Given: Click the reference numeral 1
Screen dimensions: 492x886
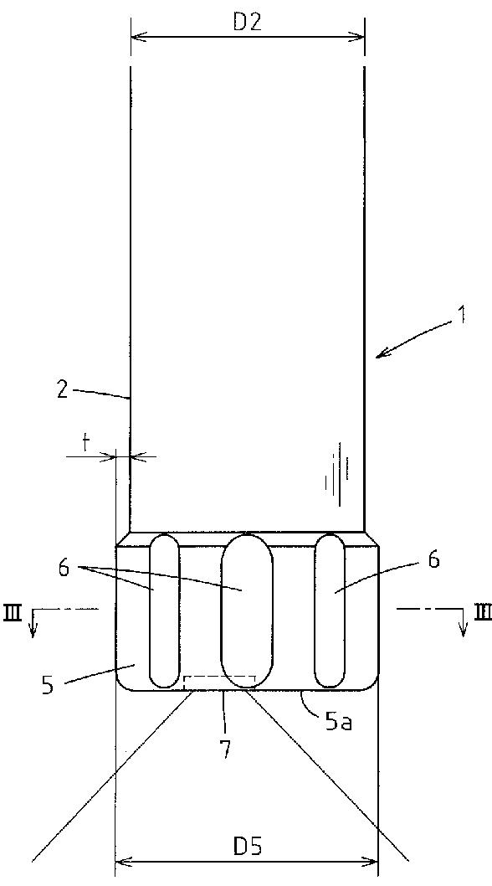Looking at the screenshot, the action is pyautogui.click(x=462, y=315).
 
